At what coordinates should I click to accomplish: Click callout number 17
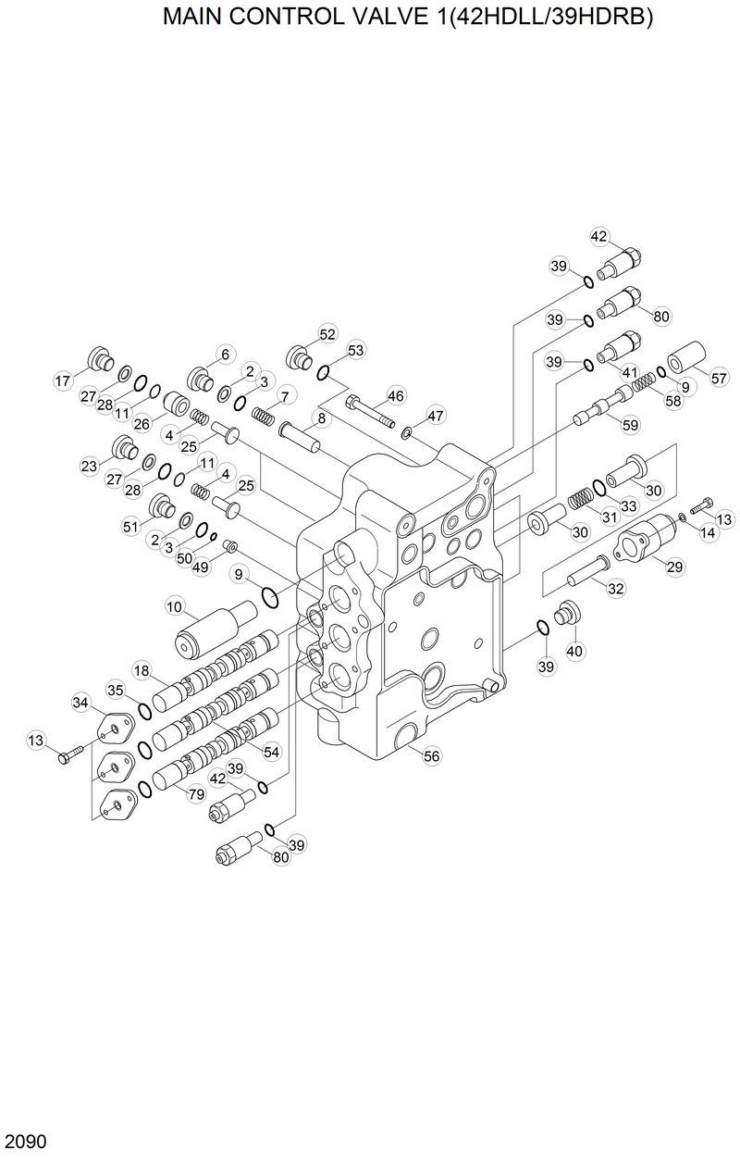(63, 380)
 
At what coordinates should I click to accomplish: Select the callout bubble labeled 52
(327, 334)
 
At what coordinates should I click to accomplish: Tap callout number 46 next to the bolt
(395, 396)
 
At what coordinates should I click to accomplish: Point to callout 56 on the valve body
(431, 756)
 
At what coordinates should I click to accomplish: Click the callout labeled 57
(720, 378)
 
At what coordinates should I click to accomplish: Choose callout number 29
(674, 566)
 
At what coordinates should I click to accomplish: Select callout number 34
(80, 704)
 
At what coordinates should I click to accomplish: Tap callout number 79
(196, 793)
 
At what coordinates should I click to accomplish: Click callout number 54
(271, 753)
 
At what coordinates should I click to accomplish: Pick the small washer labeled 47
(406, 430)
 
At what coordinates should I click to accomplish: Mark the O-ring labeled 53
(325, 372)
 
